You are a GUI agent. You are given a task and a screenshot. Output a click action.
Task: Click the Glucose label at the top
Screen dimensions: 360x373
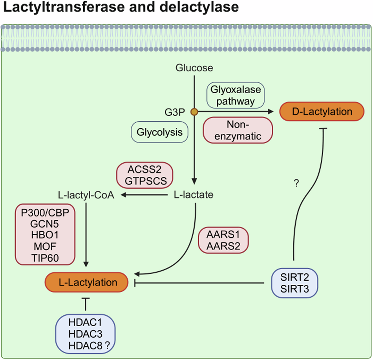click(194, 68)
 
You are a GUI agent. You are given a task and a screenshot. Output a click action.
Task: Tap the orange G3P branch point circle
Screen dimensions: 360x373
click(194, 112)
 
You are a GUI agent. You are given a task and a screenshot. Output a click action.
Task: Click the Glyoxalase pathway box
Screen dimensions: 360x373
click(236, 95)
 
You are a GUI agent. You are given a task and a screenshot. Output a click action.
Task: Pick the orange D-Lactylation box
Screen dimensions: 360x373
click(321, 112)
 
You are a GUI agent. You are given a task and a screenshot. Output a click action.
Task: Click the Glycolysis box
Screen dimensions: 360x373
click(159, 132)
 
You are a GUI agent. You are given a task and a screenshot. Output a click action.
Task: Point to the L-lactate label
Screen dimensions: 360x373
click(194, 195)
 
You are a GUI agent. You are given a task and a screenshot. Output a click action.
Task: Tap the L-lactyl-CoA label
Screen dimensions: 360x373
click(85, 195)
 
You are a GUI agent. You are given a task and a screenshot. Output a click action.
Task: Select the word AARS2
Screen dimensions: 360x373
click(224, 246)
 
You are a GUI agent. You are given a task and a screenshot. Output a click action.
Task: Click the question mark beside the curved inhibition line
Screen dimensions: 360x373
click(297, 183)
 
